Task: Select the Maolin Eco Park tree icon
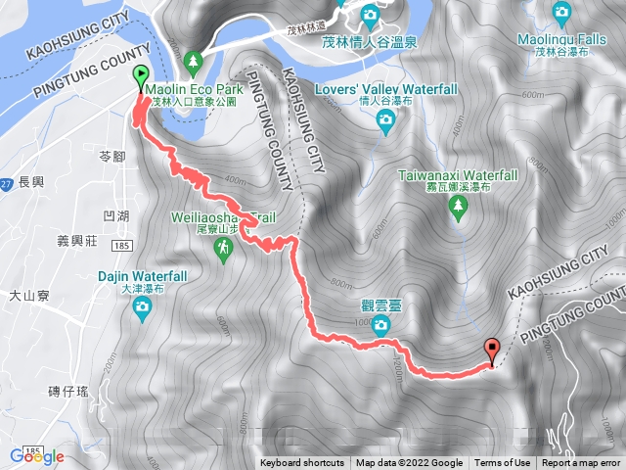(x=193, y=61)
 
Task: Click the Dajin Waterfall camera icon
(x=143, y=310)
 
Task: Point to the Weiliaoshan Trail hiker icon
(x=224, y=253)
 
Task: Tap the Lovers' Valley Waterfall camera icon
(x=386, y=119)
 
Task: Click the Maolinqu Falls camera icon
(x=561, y=12)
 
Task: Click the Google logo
(x=37, y=456)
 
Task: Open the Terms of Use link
(x=503, y=463)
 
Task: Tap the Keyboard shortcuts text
(x=302, y=463)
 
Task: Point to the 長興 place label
(x=31, y=182)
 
